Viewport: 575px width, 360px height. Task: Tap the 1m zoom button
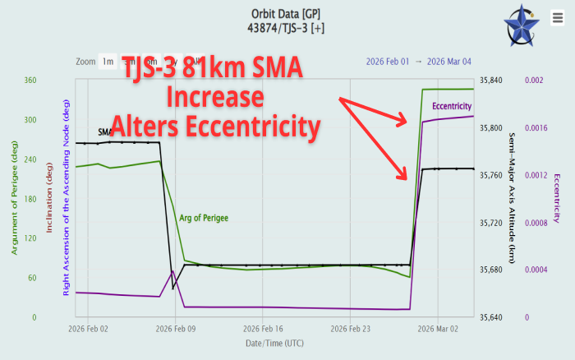click(108, 62)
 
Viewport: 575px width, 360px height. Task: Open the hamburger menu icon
click(555, 17)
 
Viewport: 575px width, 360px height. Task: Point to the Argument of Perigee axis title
click(14, 197)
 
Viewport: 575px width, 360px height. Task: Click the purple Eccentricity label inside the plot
click(452, 107)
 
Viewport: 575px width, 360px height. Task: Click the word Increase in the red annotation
click(215, 97)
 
